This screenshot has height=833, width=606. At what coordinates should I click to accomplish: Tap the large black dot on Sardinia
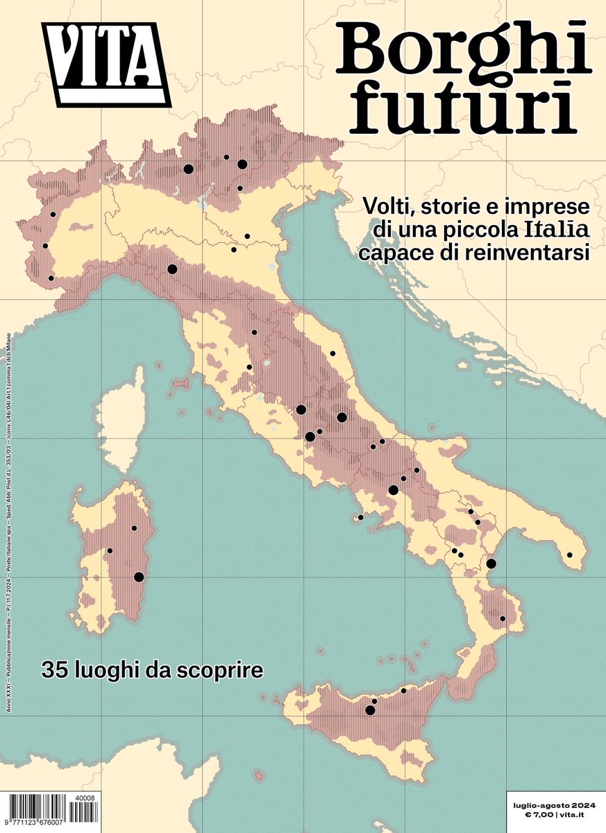pyautogui.click(x=139, y=577)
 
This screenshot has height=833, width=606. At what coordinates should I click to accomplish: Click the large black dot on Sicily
pyautogui.click(x=370, y=710)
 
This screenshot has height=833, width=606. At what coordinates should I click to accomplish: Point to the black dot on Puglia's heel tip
pyautogui.click(x=570, y=555)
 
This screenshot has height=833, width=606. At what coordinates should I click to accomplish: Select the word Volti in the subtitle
pyautogui.click(x=385, y=206)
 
